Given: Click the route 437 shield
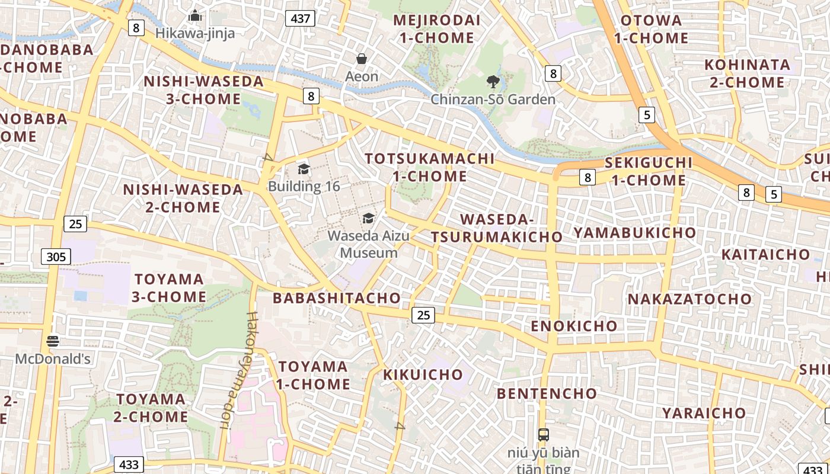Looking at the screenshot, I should pyautogui.click(x=301, y=18).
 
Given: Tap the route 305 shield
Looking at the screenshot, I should pyautogui.click(x=56, y=257).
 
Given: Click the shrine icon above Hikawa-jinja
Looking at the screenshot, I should pyautogui.click(x=195, y=16).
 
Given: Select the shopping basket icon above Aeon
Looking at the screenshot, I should pyautogui.click(x=362, y=59).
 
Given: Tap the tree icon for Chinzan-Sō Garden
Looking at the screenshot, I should pyautogui.click(x=493, y=82).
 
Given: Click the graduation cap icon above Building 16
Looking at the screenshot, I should pyautogui.click(x=304, y=169).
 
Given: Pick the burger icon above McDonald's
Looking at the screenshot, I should pyautogui.click(x=53, y=341).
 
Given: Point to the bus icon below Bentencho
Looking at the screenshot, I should pyautogui.click(x=543, y=434).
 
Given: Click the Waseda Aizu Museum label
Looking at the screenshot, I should pyautogui.click(x=368, y=244).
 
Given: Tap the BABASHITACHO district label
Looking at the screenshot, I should pyautogui.click(x=336, y=298).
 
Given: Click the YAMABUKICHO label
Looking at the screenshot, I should pyautogui.click(x=634, y=232).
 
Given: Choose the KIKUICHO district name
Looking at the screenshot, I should pyautogui.click(x=423, y=374).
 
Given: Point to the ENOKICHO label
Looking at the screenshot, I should pyautogui.click(x=574, y=326).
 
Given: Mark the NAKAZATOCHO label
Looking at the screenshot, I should pyautogui.click(x=689, y=299).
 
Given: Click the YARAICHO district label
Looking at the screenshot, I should pyautogui.click(x=704, y=413).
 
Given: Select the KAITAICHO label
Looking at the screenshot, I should pyautogui.click(x=765, y=255).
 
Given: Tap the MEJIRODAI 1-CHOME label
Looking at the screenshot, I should pyautogui.click(x=436, y=29).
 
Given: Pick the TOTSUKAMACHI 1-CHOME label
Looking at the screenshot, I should pyautogui.click(x=430, y=167).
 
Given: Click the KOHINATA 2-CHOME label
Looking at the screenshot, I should pyautogui.click(x=748, y=73).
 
